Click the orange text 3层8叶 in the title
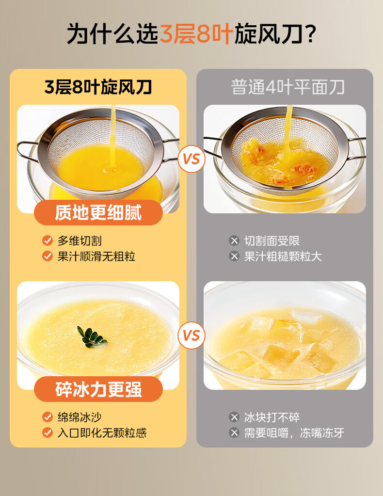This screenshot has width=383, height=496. (196, 34)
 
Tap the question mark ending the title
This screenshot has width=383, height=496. (311, 34)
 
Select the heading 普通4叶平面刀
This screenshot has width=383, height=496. (287, 87)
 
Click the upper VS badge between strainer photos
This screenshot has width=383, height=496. (191, 159)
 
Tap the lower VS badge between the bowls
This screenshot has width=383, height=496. (191, 336)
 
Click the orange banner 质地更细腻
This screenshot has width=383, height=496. (98, 212)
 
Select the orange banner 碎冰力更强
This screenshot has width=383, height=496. (98, 389)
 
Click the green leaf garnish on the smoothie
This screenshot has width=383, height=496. (92, 337)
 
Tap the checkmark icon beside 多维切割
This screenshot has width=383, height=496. (48, 240)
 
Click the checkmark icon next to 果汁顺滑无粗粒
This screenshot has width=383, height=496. (48, 256)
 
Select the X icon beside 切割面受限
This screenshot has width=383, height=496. (234, 240)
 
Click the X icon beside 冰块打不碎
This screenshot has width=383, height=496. (234, 417)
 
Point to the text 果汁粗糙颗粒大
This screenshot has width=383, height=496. (283, 256)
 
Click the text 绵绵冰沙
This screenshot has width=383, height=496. (80, 417)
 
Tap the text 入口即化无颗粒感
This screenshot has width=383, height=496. (102, 433)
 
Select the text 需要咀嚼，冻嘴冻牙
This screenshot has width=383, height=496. (294, 433)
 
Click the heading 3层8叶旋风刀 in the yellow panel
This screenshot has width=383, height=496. (98, 87)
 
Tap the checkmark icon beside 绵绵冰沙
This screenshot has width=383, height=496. (48, 417)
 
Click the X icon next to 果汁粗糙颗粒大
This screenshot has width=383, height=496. (234, 256)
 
